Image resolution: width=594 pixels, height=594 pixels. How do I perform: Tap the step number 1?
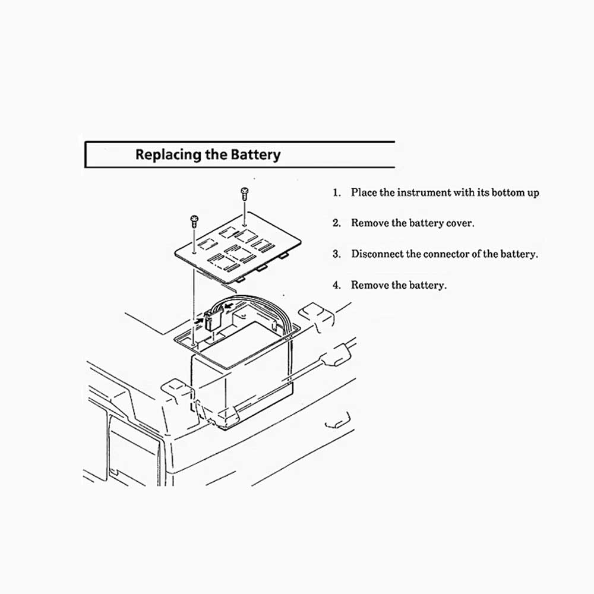(336, 193)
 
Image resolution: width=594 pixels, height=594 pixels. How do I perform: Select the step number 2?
(336, 223)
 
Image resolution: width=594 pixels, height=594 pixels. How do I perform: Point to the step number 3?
(336, 254)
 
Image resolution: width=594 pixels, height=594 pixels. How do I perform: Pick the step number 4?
(336, 285)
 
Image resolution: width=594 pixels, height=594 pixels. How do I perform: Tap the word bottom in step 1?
(508, 193)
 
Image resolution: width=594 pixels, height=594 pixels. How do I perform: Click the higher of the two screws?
(244, 194)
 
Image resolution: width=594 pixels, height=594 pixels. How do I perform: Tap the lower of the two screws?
(194, 221)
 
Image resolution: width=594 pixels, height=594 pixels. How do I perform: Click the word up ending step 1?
(533, 194)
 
